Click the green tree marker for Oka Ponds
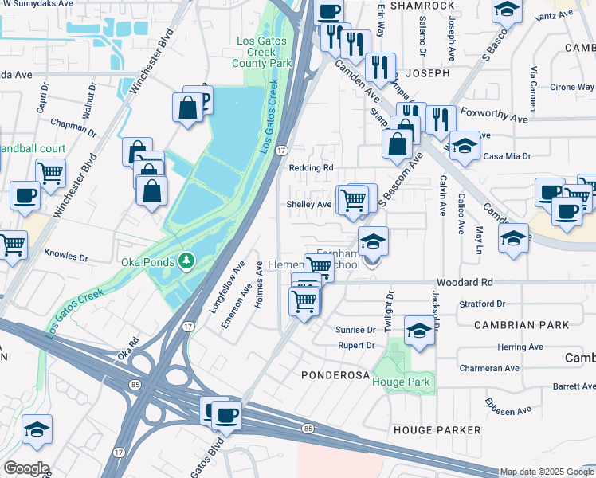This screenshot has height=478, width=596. point(186,261)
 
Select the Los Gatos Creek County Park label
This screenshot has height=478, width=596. point(262,52)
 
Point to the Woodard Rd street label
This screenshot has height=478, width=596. point(465,283)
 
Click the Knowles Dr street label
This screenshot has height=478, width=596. point(68,257)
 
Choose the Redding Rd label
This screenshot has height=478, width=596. point(312,168)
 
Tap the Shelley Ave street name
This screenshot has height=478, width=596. point(309,205)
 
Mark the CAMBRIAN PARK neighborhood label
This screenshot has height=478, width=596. point(521,325)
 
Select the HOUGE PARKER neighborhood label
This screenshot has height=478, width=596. point(437,430)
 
